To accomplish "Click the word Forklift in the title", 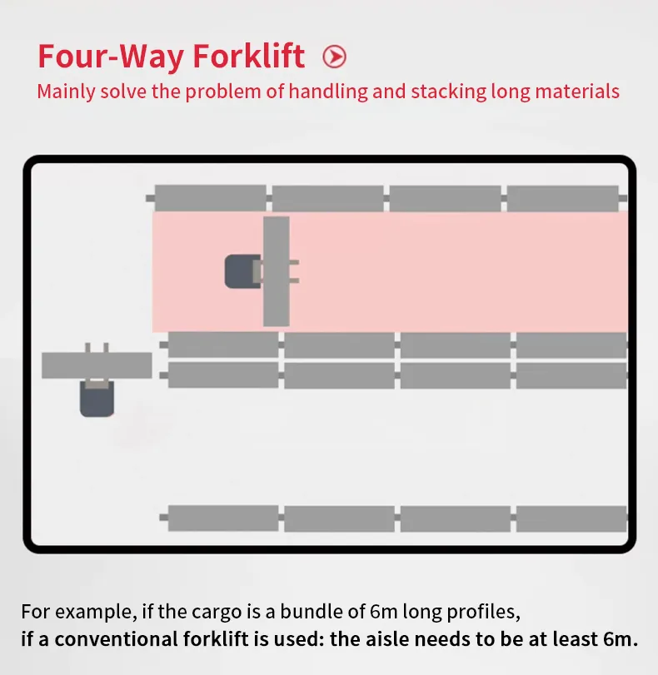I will tap(249, 56).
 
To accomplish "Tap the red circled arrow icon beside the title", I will tap(334, 57).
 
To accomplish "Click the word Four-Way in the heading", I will tap(111, 56).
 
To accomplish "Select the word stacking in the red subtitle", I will tap(445, 91).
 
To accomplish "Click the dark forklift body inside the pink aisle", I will tap(241, 271).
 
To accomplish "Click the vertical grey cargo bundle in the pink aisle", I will tap(277, 271).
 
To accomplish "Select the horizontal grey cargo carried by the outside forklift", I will tap(97, 365).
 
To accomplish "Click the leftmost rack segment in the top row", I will tap(210, 198).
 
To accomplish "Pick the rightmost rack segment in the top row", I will tap(563, 198).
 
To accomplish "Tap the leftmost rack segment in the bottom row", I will tap(223, 518).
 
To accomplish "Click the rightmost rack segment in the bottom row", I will tap(571, 518).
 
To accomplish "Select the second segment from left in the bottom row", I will tap(340, 518).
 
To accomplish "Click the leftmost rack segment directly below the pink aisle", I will tap(223, 345).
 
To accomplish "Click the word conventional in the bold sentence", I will tap(116, 639).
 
